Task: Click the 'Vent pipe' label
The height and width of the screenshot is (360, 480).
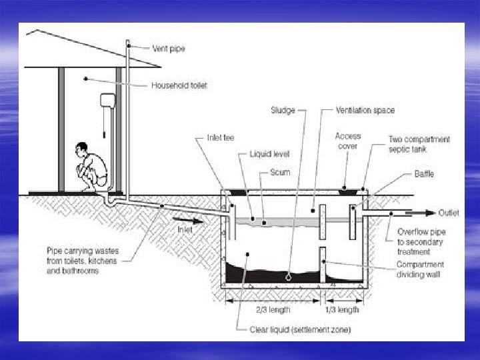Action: point(168,49)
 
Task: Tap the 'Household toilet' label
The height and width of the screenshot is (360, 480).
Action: point(179,85)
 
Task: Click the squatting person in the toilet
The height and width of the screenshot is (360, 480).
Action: point(93,167)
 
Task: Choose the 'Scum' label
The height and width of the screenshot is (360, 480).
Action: point(280,172)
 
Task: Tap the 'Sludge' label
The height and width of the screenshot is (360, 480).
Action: point(283,110)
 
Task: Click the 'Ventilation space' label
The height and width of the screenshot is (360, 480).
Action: point(365,110)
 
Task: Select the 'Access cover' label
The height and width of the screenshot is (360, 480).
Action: point(348,141)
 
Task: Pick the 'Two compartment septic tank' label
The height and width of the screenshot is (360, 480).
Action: point(419,145)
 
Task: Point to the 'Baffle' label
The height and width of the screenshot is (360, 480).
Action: point(424,174)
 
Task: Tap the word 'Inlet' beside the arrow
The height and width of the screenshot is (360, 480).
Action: point(185,229)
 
